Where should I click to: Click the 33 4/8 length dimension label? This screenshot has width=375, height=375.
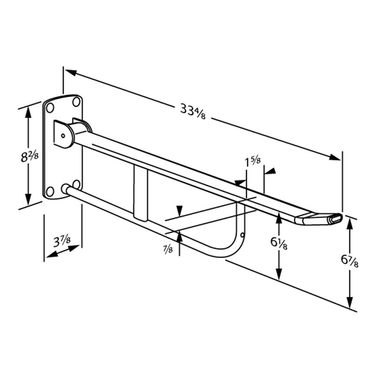pyautogui.click(x=193, y=112)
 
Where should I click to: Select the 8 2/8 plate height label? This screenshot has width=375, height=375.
pyautogui.click(x=30, y=157)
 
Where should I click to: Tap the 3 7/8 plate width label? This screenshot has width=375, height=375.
pyautogui.click(x=62, y=241)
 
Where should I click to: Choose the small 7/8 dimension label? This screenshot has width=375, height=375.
pyautogui.click(x=168, y=249)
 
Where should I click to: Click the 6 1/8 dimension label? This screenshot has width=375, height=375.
pyautogui.click(x=278, y=243)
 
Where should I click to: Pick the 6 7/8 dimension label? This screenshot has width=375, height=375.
pyautogui.click(x=349, y=261)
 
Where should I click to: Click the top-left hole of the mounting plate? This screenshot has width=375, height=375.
pyautogui.click(x=50, y=108)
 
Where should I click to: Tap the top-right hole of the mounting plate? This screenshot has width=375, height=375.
pyautogui.click(x=76, y=102)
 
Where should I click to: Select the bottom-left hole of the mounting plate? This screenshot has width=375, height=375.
pyautogui.click(x=50, y=192)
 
